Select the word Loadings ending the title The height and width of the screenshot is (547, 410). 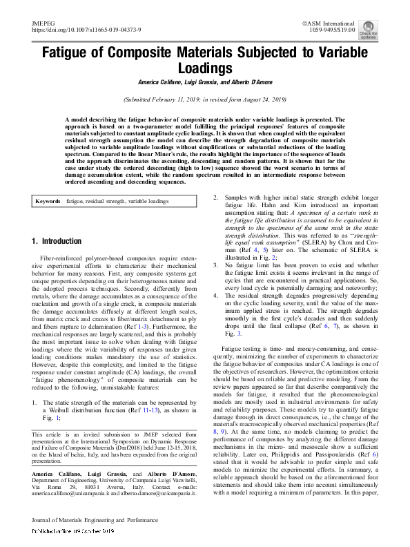pyautogui.click(x=204, y=69)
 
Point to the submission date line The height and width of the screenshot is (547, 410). pyautogui.click(x=204, y=100)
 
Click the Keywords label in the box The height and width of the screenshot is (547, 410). pyautogui.click(x=49, y=201)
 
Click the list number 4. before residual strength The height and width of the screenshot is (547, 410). pyautogui.click(x=215, y=295)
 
